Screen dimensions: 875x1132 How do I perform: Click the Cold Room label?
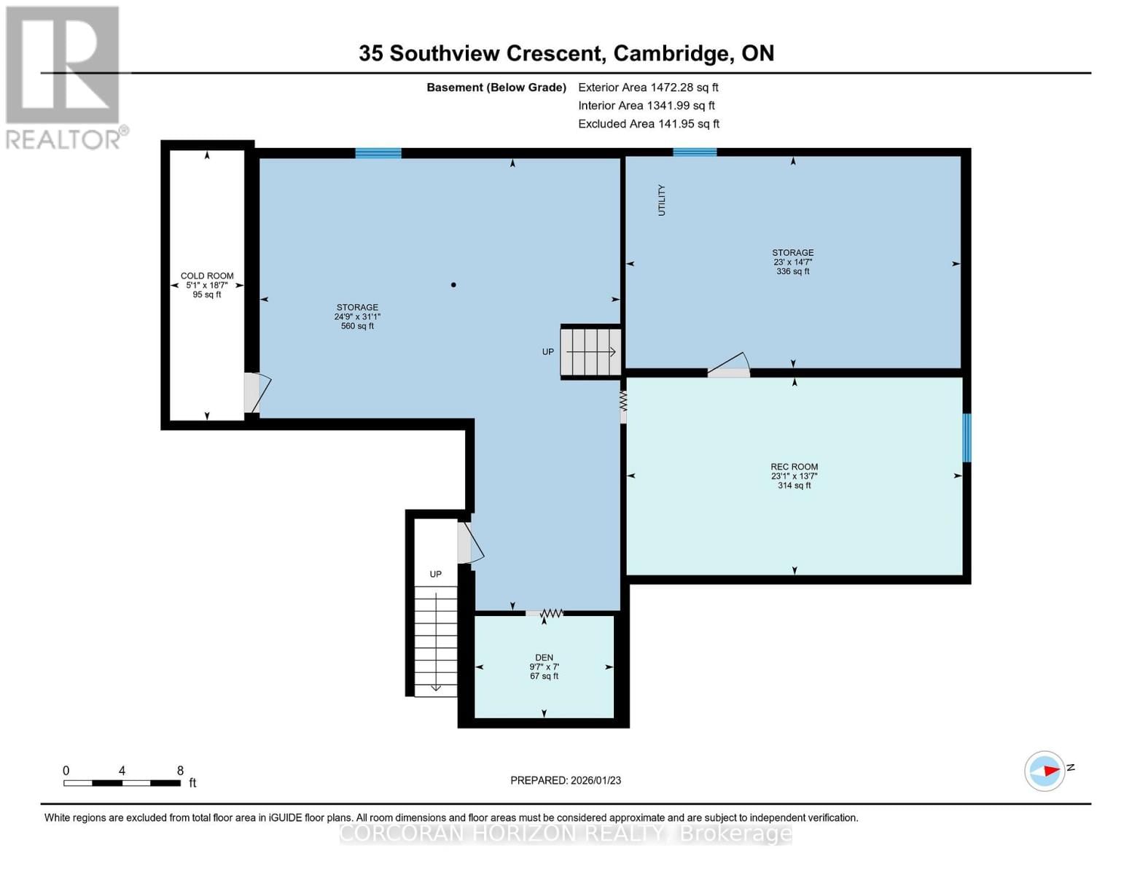(x=207, y=276)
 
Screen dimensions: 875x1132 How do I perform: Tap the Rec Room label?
(x=794, y=467)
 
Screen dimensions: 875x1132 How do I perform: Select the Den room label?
(x=544, y=658)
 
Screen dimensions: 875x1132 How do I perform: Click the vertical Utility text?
(x=662, y=200)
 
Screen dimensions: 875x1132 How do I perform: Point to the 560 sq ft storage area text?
(x=357, y=326)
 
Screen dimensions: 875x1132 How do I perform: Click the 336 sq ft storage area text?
(x=792, y=271)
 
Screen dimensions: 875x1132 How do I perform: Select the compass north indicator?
(x=1045, y=771)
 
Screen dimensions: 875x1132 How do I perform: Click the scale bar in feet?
(x=122, y=783)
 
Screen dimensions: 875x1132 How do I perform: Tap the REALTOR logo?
(x=63, y=77)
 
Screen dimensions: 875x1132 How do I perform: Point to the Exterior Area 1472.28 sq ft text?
(x=648, y=87)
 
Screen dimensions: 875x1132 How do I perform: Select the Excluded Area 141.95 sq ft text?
(x=649, y=124)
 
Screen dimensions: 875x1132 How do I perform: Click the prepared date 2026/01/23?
(x=566, y=780)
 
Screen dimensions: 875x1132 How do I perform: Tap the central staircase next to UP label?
(x=590, y=351)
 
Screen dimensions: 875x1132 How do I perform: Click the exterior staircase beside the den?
(x=436, y=640)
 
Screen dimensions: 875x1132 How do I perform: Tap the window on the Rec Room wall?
(x=967, y=437)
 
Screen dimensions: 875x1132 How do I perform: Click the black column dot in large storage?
(x=453, y=285)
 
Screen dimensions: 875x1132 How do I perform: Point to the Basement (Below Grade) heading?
(x=496, y=87)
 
